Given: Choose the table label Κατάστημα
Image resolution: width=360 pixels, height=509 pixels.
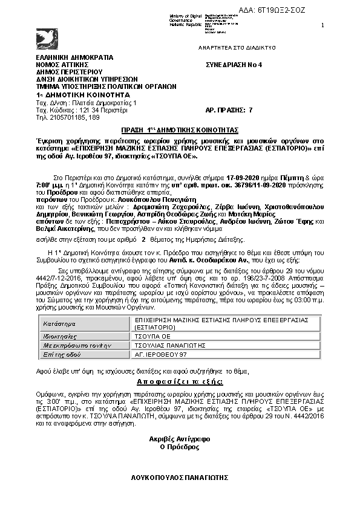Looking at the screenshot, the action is [x=58, y=325].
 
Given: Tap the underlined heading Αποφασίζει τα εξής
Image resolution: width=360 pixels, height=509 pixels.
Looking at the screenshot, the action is [x=180, y=383].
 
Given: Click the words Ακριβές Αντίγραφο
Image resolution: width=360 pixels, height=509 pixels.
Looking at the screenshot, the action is [x=180, y=439].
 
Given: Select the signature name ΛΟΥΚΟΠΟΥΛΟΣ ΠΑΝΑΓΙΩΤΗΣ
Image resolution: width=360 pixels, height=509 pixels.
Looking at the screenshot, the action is [x=180, y=478].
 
